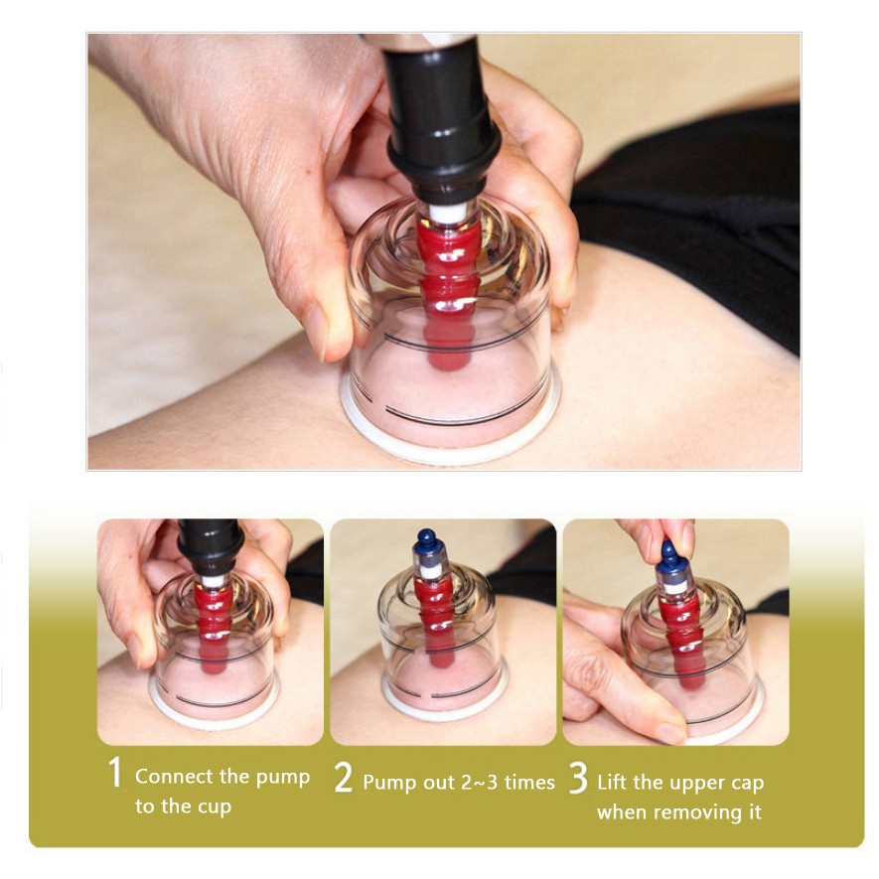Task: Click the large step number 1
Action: (x=115, y=772)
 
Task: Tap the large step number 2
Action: (x=343, y=777)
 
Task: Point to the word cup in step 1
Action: (x=215, y=807)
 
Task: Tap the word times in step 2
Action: (x=529, y=782)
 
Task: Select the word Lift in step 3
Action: (x=610, y=782)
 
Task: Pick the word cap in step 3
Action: (x=747, y=783)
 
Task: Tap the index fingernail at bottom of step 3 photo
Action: (x=672, y=733)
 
